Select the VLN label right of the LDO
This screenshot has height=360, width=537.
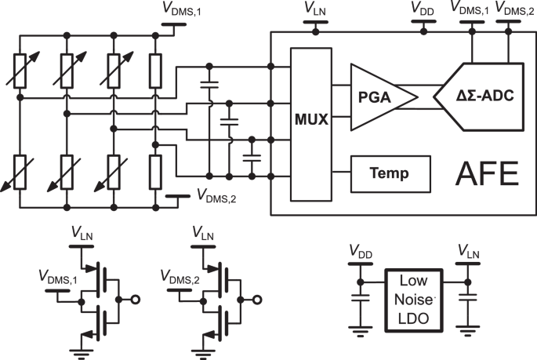(x=469, y=256)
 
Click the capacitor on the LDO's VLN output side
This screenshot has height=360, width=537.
(x=469, y=301)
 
